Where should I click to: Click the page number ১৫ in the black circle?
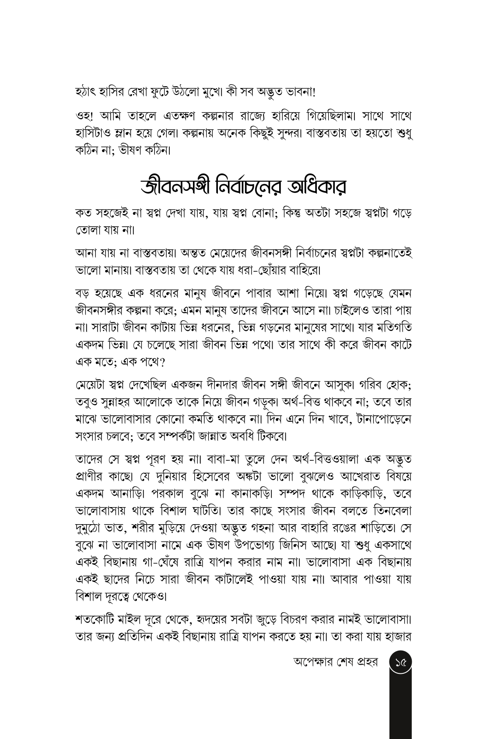pos(400,663)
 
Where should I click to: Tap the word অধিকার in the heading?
pos(312,188)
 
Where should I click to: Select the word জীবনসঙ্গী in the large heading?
pos(175,188)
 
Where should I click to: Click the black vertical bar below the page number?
pos(400,709)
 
